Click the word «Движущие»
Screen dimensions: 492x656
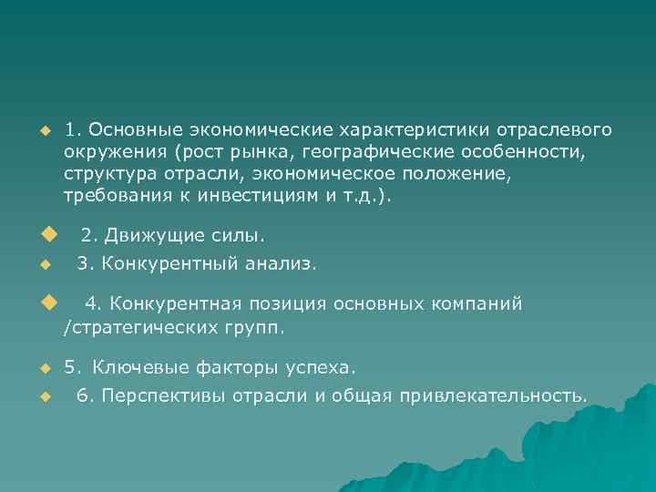coord(147,237)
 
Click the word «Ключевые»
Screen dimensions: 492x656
coord(139,368)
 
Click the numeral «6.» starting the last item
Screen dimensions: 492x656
coord(85,395)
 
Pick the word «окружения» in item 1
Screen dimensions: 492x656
coord(116,151)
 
